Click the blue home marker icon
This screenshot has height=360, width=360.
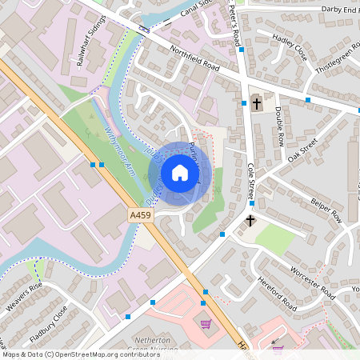[x=180, y=173]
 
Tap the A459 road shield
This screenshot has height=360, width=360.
[x=138, y=215]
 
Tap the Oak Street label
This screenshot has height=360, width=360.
[x=303, y=149]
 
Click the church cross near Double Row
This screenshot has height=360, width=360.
[x=256, y=102]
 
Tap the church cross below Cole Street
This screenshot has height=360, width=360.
[x=250, y=219]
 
